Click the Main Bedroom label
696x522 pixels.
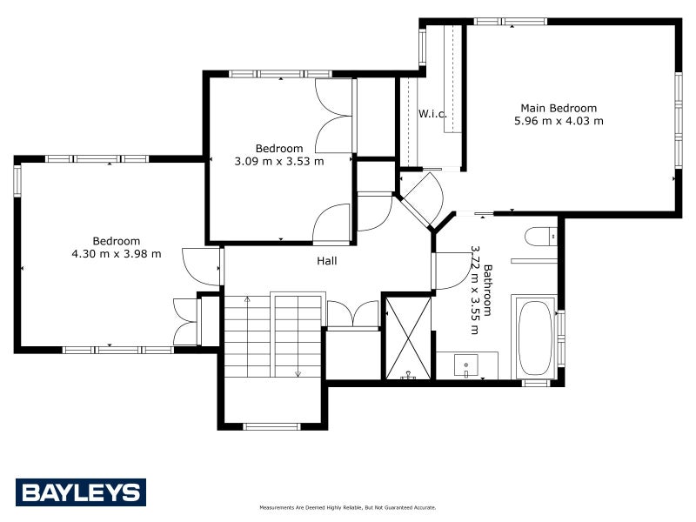coord(559,108)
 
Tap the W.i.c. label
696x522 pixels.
coord(432,114)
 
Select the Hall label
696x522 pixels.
coord(326,260)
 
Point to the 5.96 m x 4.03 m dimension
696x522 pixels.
coord(559,121)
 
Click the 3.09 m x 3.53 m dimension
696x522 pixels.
coord(279,161)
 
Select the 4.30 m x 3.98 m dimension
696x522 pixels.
coord(117,254)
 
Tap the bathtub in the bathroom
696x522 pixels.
coord(535,338)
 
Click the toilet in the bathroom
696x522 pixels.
coord(540,236)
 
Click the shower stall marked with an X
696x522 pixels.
coord(408,338)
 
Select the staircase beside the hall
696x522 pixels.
coord(273,335)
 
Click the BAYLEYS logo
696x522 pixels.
coord(80,492)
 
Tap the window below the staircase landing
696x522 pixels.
coord(271,426)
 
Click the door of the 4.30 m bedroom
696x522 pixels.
coord(200,265)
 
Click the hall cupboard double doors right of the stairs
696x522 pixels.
coord(352,314)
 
